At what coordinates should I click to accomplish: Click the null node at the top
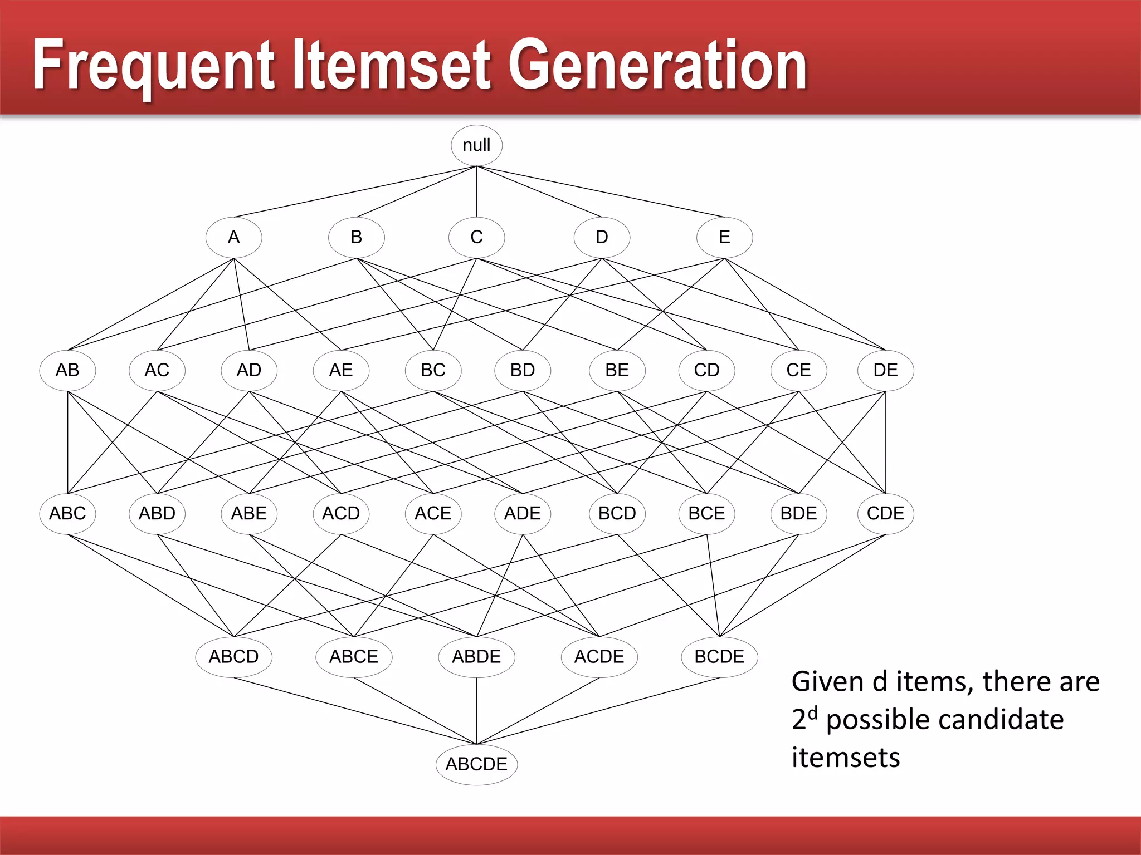click(476, 145)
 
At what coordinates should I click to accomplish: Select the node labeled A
click(233, 237)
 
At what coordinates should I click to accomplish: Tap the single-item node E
click(724, 237)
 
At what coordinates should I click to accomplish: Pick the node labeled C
click(476, 237)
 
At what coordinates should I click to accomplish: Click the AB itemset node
click(67, 370)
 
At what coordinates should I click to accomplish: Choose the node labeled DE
click(885, 370)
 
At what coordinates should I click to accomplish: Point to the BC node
click(433, 370)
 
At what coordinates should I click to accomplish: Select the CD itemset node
click(706, 370)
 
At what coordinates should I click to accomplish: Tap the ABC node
click(67, 513)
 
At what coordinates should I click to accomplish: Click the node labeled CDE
click(885, 513)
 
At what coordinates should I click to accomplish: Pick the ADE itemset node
click(522, 513)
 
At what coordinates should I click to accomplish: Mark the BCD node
click(617, 513)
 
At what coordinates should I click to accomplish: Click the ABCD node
click(233, 657)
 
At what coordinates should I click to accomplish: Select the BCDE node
click(719, 657)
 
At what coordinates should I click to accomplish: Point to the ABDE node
click(476, 657)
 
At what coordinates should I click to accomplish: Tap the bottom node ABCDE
click(476, 764)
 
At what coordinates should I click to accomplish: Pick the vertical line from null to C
click(476, 192)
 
